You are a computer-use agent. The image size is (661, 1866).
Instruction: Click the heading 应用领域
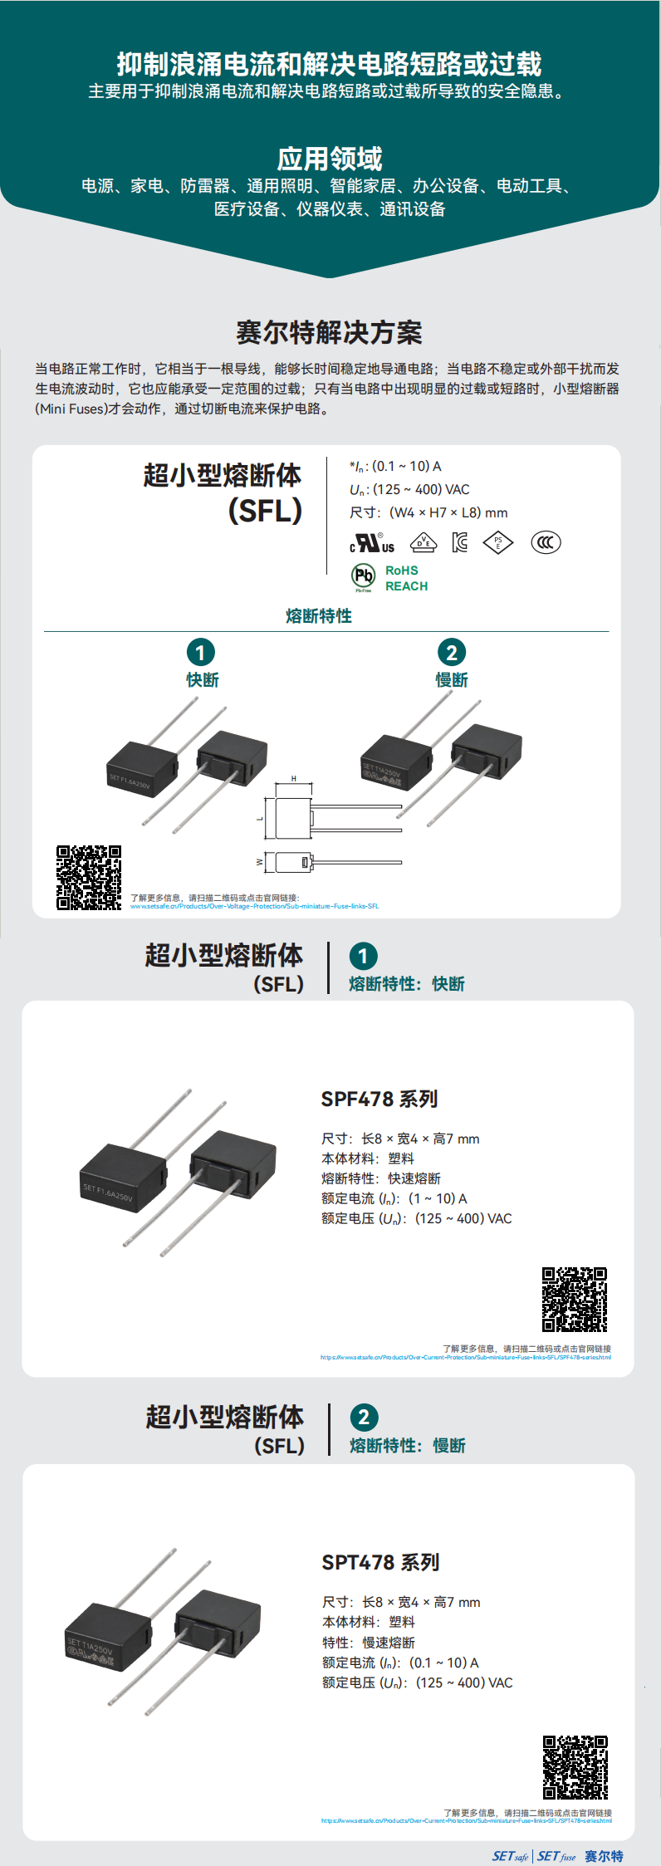point(330,159)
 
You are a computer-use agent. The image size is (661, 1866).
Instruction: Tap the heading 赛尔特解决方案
point(330,332)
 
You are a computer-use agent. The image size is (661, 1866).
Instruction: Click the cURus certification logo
point(372,543)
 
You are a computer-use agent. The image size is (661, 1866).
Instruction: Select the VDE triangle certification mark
point(424,542)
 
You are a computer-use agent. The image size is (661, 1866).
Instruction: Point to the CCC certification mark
point(546,542)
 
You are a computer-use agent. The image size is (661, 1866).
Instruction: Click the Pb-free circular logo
point(364,575)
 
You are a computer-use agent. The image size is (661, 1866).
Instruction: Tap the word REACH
point(406,586)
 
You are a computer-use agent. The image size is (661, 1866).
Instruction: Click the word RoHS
point(402,571)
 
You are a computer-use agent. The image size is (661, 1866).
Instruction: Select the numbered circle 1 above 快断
point(200,652)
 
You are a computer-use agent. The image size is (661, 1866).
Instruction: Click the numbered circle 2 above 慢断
point(451,652)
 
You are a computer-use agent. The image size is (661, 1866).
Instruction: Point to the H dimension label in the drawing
point(293,779)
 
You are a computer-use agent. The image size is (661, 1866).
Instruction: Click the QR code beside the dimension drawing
point(89,878)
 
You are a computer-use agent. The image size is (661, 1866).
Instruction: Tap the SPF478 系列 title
point(379,1100)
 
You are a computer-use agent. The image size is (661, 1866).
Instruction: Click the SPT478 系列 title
point(380,1563)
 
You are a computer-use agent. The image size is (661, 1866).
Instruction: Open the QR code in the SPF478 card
point(575,1300)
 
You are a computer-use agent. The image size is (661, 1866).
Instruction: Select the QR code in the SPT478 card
point(575,1767)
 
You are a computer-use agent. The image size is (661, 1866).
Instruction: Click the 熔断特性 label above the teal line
point(319,616)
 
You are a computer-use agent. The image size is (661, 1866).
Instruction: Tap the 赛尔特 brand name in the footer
point(604,1856)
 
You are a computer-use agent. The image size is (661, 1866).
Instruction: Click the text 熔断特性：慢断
point(408,1446)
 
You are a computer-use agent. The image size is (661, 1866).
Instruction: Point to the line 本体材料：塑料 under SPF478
point(368,1158)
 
